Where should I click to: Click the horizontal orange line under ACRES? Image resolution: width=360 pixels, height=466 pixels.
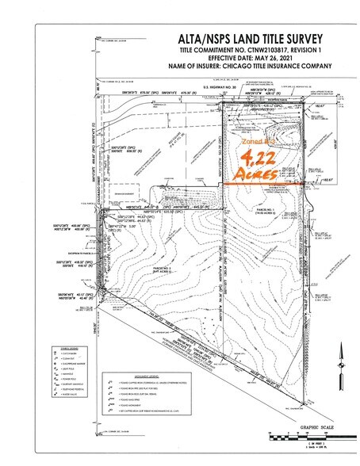tap(257, 184)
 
